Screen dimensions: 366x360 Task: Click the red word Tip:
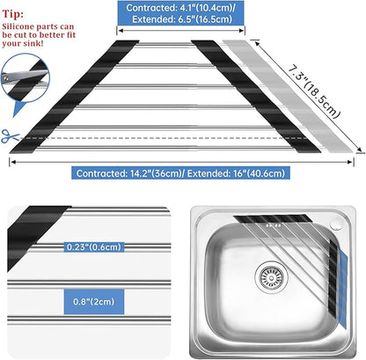(x=13, y=14)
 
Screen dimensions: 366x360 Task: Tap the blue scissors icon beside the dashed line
(x=10, y=136)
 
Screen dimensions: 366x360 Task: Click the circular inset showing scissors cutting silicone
(x=25, y=77)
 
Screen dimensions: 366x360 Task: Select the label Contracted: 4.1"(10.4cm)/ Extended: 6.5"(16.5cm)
(x=180, y=13)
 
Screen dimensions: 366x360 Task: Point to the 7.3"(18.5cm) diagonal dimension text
(x=314, y=92)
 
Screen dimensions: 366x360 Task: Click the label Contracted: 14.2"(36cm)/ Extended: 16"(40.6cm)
(x=180, y=173)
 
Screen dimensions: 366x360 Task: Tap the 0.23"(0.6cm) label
(x=94, y=246)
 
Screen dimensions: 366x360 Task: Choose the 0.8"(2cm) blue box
(x=94, y=302)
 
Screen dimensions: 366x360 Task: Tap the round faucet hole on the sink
(x=335, y=224)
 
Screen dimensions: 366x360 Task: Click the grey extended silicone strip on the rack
(x=288, y=96)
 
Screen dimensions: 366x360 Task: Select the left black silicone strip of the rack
(x=75, y=97)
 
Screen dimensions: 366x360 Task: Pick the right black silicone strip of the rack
(x=256, y=97)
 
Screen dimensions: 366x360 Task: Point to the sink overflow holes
(x=274, y=225)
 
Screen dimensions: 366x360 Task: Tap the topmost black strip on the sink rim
(x=273, y=218)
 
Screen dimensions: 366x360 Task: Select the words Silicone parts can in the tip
(x=38, y=26)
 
